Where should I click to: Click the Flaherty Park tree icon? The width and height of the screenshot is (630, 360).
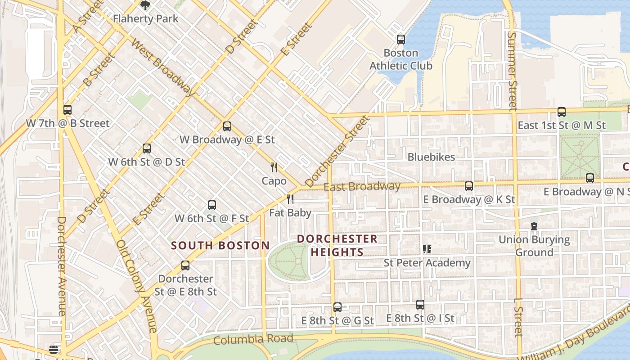coord(145,5)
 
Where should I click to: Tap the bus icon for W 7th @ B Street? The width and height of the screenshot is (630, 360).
coord(67,109)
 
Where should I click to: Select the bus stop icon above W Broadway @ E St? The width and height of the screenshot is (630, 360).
coord(227,126)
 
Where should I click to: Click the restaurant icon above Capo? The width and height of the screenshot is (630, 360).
coord(274,167)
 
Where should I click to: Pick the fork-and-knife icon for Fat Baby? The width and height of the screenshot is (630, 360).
coord(290,199)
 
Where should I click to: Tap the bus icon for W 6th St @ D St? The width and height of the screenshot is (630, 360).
coord(147,148)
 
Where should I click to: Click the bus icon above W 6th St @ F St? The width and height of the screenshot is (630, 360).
coord(212,205)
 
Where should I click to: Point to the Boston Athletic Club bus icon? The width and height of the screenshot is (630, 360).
coord(401,40)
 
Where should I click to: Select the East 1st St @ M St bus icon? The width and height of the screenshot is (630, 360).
coord(562,112)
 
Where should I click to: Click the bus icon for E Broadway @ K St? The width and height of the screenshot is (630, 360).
coord(469,186)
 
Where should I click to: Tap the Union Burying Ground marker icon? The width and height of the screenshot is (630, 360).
coord(534,226)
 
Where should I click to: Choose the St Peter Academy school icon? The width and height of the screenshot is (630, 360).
coord(427,249)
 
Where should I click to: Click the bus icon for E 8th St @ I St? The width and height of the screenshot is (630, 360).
coord(420,305)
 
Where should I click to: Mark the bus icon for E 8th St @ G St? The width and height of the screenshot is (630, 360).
coord(337,307)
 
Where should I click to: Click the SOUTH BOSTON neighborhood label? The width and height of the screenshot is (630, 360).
coord(220,246)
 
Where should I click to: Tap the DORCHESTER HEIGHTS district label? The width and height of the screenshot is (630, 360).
coord(337,245)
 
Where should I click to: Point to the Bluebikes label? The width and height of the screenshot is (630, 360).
coord(431,157)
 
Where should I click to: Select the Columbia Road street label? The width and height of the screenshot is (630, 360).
coord(253,339)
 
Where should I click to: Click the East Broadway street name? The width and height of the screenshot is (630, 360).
coord(362,187)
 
